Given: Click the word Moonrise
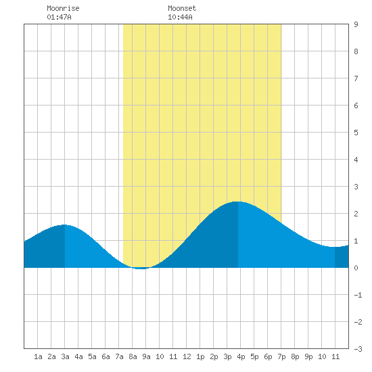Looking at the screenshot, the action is coord(63,8).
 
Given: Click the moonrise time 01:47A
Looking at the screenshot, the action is coord(59,17).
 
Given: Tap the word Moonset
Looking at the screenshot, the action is coord(182,8).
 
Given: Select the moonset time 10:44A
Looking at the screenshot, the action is coord(180,17).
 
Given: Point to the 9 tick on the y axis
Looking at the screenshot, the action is coord(356,24).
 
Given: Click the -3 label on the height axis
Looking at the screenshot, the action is coord(358,349).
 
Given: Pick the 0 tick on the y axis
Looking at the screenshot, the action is coord(356,268).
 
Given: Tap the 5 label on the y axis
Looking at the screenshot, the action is coord(356,133).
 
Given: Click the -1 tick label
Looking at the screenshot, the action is coord(358,295).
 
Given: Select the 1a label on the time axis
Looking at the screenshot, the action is coord(38,356).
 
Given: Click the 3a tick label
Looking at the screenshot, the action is coord(65,356).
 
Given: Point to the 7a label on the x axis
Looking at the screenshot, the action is coord(119,356).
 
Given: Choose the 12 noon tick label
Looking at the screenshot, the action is coord(187,356).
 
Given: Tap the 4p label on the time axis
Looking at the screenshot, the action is coord(241,356).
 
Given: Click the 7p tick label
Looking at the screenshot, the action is coord(281,356).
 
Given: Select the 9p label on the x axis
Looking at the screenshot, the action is coord(308,356).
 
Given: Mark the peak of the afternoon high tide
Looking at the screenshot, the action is coord(238,202).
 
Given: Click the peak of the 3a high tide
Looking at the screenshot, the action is coord(64,225).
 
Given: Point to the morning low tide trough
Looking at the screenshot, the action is coord(141,269).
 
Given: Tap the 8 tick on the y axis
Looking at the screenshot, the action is coord(356,51).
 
